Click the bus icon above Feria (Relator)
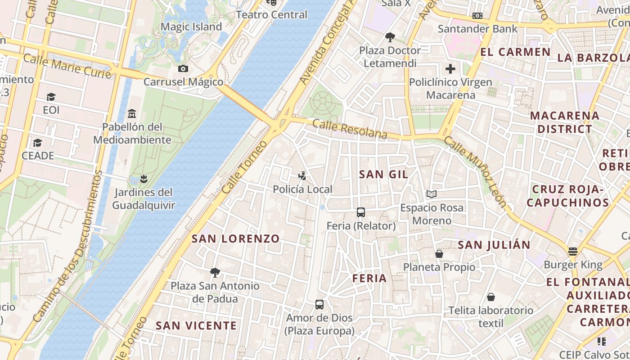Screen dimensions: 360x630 coord(360,212)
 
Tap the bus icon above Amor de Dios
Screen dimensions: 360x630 coord(319,305)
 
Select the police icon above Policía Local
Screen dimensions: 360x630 coord(303,176)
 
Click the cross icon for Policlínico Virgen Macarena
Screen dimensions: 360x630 coord(450,69)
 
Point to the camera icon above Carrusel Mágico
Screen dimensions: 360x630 coord(183,69)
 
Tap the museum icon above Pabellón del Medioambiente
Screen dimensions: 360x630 coord(132,113)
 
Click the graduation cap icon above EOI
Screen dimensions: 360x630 coord(51,97)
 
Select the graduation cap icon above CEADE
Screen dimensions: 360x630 coord(38,143)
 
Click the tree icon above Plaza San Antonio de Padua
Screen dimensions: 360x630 coord(215,272)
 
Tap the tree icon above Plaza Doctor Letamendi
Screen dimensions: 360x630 coord(390,37)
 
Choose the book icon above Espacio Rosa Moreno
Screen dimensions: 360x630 coord(432,194)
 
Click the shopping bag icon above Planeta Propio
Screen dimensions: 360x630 coord(439,254)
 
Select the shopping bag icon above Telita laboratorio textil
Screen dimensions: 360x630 coord(491,297)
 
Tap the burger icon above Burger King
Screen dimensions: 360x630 coord(573,251)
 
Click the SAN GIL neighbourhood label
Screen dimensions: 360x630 coord(383,175)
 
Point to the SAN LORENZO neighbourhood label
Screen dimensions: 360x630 coord(236,238)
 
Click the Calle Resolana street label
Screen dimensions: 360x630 coord(350,129)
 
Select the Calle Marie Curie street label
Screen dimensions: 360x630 coord(67,66)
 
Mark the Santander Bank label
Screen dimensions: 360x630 coord(477,29)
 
